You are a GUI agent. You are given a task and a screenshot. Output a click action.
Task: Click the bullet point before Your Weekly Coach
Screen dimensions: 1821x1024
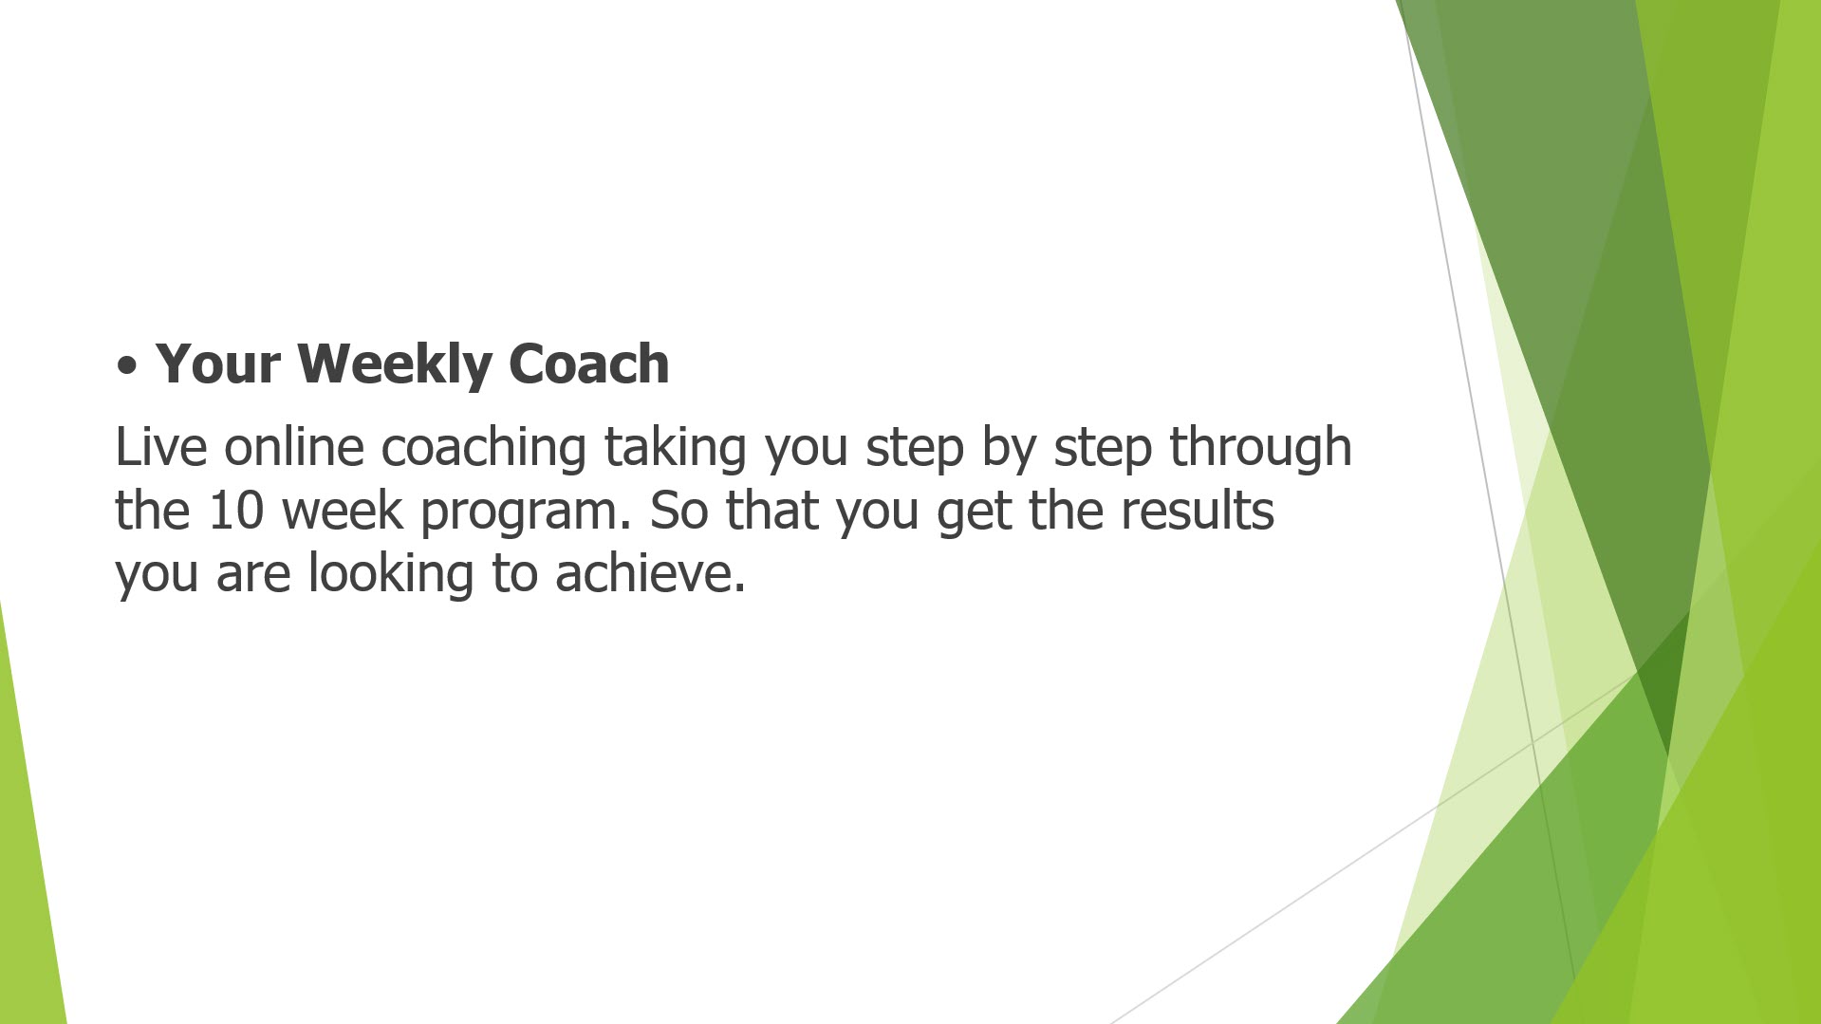click(x=127, y=366)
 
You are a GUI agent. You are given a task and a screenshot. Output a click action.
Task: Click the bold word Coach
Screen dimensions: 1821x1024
click(x=589, y=363)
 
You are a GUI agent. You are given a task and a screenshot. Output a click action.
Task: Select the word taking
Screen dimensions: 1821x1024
click(x=676, y=449)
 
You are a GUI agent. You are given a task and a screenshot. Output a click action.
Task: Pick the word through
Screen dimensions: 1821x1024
click(x=1260, y=449)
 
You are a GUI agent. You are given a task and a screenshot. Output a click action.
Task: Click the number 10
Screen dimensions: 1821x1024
click(x=235, y=511)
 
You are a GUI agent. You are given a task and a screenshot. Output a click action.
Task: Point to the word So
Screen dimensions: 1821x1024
click(x=679, y=511)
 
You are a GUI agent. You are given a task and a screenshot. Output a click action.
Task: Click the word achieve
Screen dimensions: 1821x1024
click(x=651, y=573)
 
